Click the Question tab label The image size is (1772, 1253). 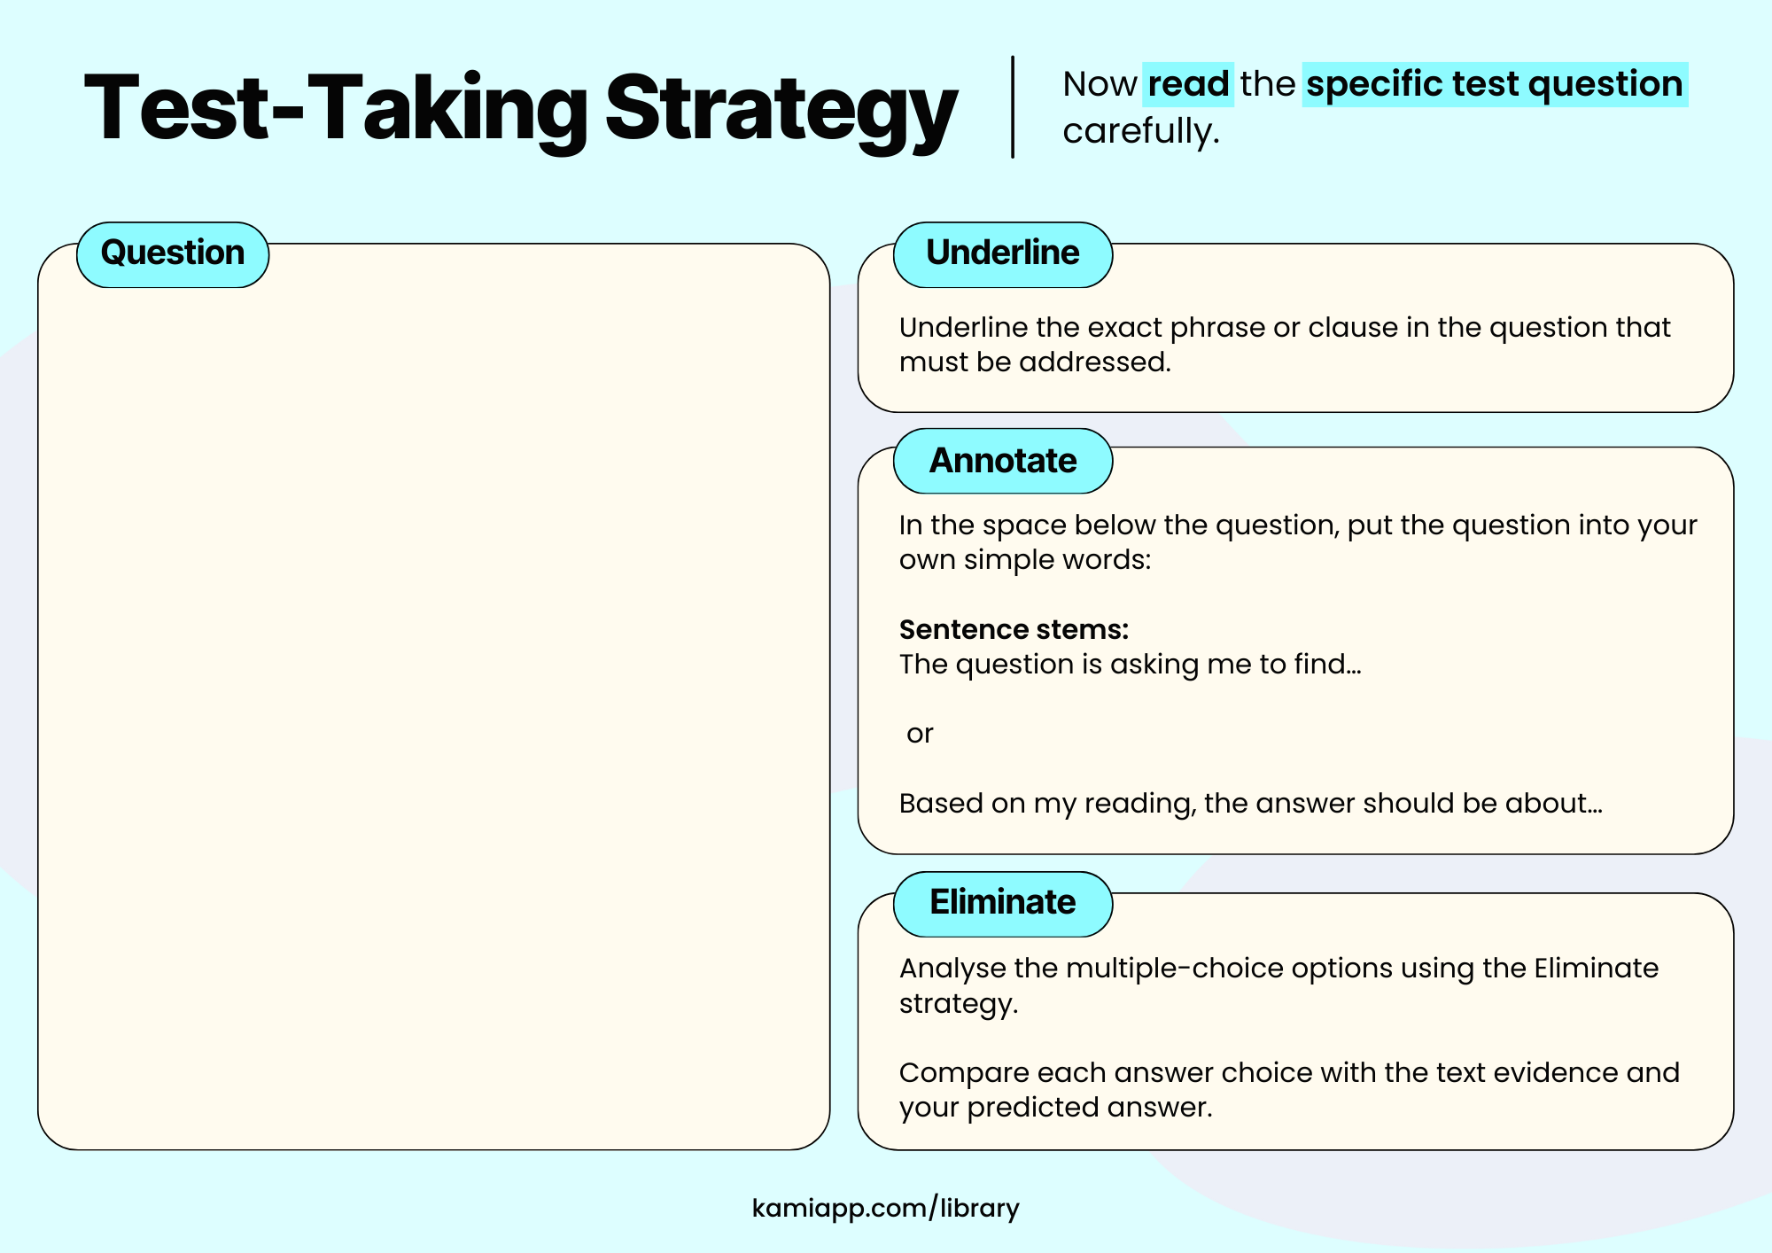coord(173,253)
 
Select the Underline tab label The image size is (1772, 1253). coord(1002,253)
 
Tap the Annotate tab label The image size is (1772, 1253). coord(1002,461)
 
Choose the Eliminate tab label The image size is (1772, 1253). coord(1002,902)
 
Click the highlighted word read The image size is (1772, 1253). coord(1188,84)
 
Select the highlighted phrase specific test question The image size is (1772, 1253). coord(1494,84)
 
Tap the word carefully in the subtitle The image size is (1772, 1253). coord(1140,132)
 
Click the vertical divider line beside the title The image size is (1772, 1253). coord(1013,106)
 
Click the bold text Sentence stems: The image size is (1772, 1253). coord(1014,629)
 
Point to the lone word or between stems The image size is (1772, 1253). coord(920,734)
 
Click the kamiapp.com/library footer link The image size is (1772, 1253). coord(885,1208)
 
